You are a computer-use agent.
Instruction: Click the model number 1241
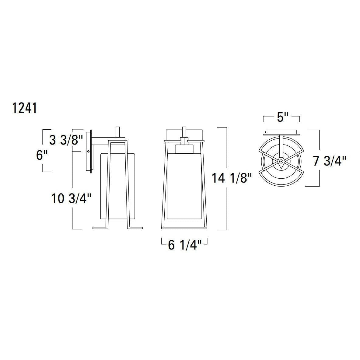point(25,108)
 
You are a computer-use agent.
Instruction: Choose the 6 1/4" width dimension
point(185,245)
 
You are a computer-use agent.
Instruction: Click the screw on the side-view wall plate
point(88,151)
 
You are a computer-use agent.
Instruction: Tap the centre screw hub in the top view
point(281,161)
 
